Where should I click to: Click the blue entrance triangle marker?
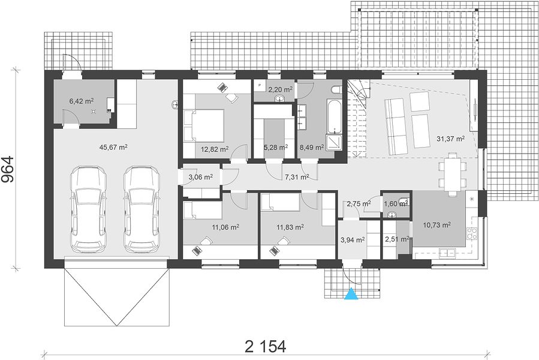(x=351, y=293)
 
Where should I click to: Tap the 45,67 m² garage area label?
(x=113, y=148)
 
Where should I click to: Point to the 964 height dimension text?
(x=7, y=169)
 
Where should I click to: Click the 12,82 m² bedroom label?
(x=215, y=149)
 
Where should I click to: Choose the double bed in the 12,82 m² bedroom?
(x=204, y=125)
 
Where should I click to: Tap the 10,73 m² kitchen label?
(x=436, y=225)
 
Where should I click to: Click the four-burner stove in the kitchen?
(x=472, y=233)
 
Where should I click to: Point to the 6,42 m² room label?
(x=82, y=101)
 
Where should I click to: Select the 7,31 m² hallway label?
(x=297, y=177)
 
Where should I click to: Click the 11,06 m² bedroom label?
(x=225, y=227)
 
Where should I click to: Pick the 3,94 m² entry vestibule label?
(x=353, y=239)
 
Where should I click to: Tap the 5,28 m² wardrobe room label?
(x=276, y=148)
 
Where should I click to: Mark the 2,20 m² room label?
(x=281, y=89)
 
